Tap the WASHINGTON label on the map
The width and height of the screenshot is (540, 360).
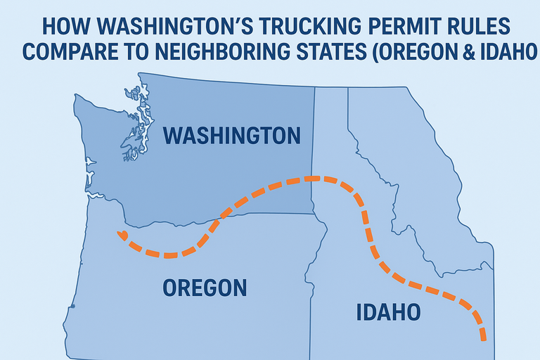click(x=231, y=136)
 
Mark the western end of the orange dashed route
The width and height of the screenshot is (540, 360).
click(x=122, y=234)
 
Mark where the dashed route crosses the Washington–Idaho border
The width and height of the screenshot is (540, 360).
click(x=314, y=179)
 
